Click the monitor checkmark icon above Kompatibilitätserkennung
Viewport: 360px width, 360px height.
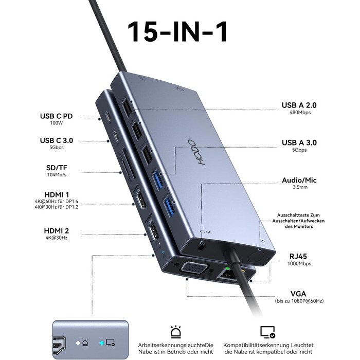pos(267,331)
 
